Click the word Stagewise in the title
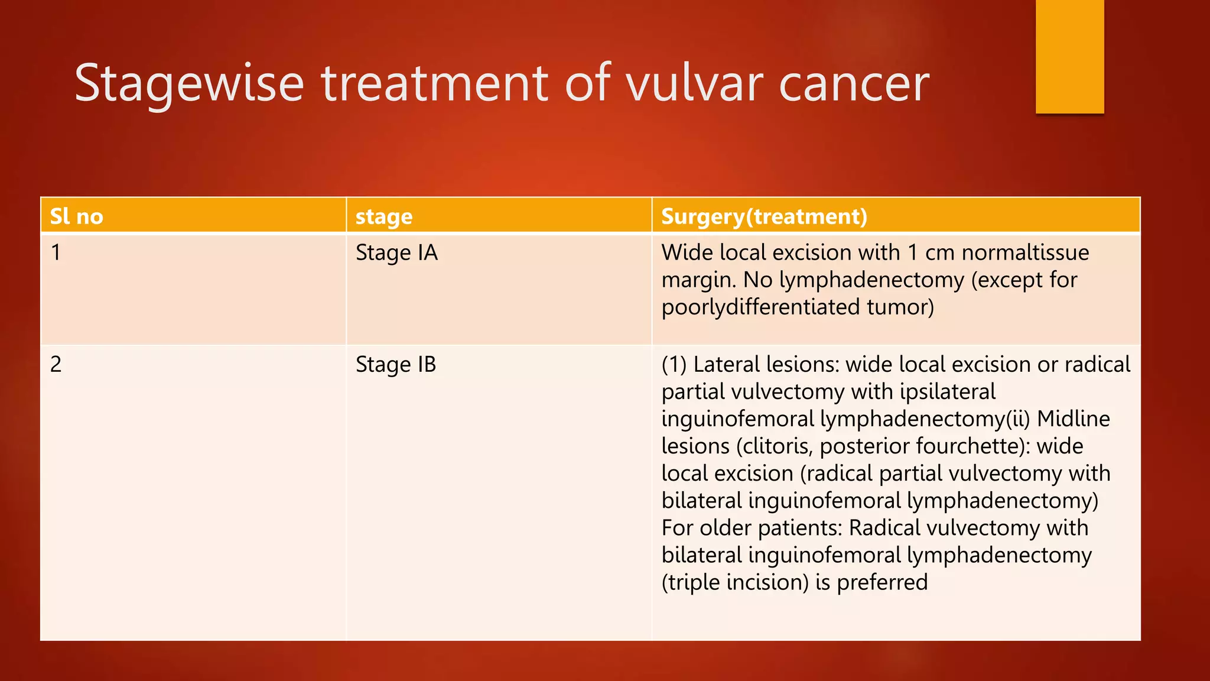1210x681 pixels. point(189,84)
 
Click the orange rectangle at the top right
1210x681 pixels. point(1069,56)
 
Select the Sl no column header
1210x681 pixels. point(77,216)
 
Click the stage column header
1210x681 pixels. point(384,217)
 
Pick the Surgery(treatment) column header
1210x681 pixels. point(764,216)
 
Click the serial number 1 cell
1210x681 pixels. point(56,253)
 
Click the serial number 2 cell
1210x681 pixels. point(56,364)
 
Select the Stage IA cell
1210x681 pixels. point(396,253)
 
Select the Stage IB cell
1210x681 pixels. point(396,365)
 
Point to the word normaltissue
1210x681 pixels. point(1025,252)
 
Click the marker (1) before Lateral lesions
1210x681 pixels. point(674,365)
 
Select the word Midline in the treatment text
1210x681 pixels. point(1073,419)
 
